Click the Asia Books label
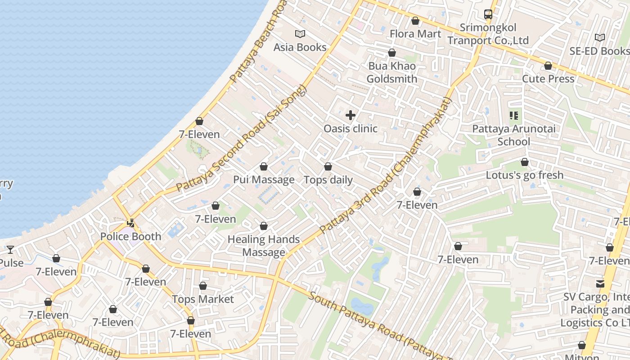(x=300, y=47)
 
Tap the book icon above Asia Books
(x=300, y=34)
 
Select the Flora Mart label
(x=415, y=34)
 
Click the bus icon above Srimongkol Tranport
(x=488, y=14)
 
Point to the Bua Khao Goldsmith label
(x=392, y=72)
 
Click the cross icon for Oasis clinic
(x=351, y=115)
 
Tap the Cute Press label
(x=548, y=79)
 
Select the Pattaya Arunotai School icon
(x=513, y=116)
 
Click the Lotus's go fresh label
(x=524, y=175)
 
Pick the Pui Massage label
(x=264, y=180)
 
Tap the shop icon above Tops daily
(x=328, y=167)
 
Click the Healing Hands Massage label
(x=264, y=246)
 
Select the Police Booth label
(x=130, y=237)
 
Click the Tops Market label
(x=203, y=299)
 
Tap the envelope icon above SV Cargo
(x=600, y=283)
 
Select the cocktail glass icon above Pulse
(x=10, y=249)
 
